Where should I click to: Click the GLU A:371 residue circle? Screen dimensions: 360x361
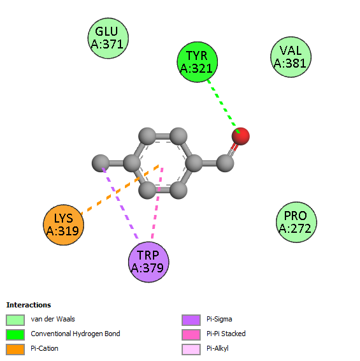click(108, 38)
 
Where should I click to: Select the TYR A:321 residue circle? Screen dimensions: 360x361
click(198, 62)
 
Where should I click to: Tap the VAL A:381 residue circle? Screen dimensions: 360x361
click(291, 57)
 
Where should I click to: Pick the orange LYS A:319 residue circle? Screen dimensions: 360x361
click(64, 225)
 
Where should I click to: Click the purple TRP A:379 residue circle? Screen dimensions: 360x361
click(148, 262)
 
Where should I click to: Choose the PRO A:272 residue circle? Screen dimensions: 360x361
click(296, 222)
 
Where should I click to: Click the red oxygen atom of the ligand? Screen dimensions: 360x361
click(241, 136)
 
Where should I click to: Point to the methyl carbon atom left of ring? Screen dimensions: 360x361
click(101, 163)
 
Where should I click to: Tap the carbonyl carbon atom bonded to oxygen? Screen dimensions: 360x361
click(225, 163)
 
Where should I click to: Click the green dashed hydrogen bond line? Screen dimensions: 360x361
click(224, 107)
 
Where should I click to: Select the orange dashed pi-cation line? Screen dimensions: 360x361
click(120, 189)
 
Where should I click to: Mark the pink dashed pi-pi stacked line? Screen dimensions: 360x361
click(157, 203)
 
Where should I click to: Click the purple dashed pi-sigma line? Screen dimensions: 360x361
click(120, 203)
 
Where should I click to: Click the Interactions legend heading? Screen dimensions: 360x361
click(29, 305)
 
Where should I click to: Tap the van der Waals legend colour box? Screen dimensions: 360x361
click(15, 320)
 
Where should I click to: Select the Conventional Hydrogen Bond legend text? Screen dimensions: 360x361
click(75, 334)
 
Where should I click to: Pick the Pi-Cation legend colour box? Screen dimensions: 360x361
click(15, 350)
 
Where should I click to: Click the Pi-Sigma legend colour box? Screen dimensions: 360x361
click(191, 320)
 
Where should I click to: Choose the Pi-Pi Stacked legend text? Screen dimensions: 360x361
click(226, 334)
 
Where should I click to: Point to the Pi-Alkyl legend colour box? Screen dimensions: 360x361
click(191, 350)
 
